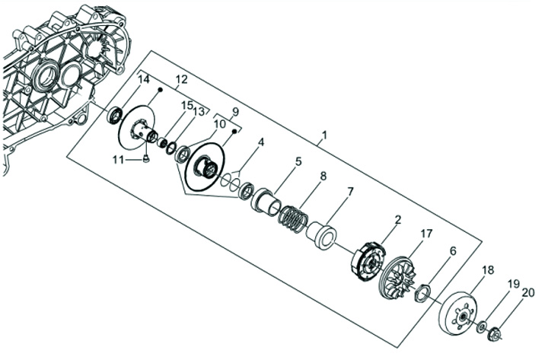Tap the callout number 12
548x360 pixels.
(180, 79)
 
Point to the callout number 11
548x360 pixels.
(117, 158)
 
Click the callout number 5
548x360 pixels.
(298, 161)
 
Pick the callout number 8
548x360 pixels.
(323, 176)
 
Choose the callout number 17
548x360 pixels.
(426, 234)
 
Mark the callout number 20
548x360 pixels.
(528, 292)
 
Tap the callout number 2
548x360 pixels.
(397, 219)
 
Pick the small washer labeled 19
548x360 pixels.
(482, 326)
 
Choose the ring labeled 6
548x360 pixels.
(423, 292)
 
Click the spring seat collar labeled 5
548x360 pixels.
(267, 202)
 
